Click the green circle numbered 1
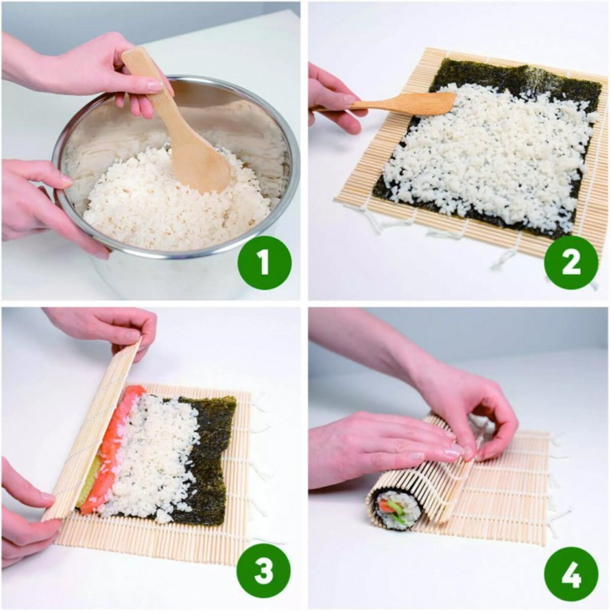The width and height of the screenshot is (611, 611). [264, 263]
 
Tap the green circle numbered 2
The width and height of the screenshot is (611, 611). [570, 263]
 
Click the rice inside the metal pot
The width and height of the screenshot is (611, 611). [153, 204]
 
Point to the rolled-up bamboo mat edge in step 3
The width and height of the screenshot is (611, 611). [92, 433]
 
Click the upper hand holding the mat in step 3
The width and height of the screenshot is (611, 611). [112, 326]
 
